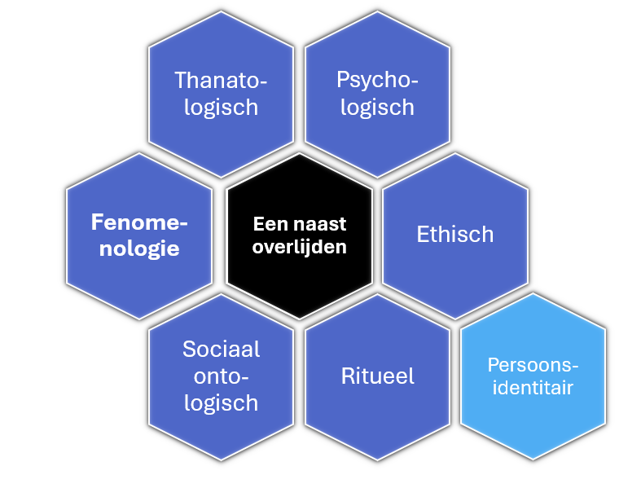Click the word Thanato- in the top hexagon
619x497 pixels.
coord(221,80)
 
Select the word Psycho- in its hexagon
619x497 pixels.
coord(377,80)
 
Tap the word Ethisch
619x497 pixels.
coord(455,235)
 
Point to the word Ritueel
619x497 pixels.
coord(377,376)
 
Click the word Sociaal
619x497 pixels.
coord(221,350)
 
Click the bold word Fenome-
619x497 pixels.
coord(139,222)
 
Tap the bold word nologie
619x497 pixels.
coord(139,248)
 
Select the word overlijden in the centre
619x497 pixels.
coord(300,247)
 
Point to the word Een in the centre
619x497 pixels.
coord(268,224)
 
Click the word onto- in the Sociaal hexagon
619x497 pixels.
coord(221,376)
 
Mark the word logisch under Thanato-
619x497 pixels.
coord(221,107)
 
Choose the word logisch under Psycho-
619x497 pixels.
coord(377,107)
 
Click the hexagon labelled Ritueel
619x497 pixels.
coord(377,416)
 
